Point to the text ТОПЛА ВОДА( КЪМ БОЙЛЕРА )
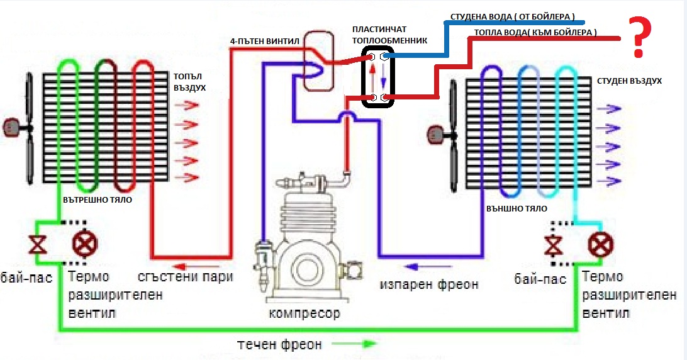click(535, 31)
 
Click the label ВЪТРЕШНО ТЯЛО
click(97, 199)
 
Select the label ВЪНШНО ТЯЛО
click(517, 208)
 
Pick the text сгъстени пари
click(186, 277)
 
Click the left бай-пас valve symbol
click(39, 243)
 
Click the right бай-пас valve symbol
click(554, 243)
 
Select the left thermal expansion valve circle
click(82, 243)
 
